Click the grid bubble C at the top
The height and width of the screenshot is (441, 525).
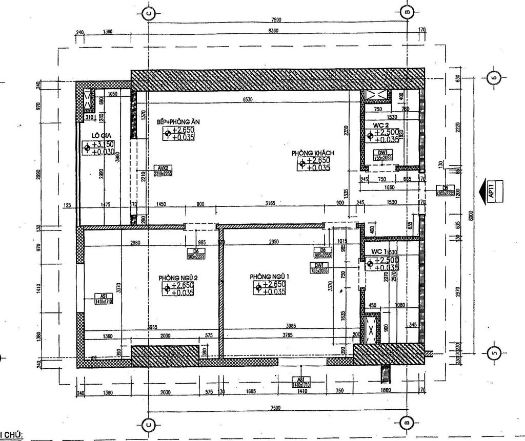click(x=148, y=13)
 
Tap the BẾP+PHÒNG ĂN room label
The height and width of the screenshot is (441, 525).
click(x=174, y=122)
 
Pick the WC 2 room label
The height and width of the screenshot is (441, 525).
click(x=378, y=124)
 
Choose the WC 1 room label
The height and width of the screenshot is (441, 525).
click(x=378, y=251)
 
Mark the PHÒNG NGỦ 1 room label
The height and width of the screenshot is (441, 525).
click(x=270, y=277)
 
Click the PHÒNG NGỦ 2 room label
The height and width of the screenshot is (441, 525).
click(x=178, y=277)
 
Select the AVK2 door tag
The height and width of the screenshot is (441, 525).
click(x=161, y=167)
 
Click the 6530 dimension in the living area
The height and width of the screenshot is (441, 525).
click(x=249, y=100)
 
